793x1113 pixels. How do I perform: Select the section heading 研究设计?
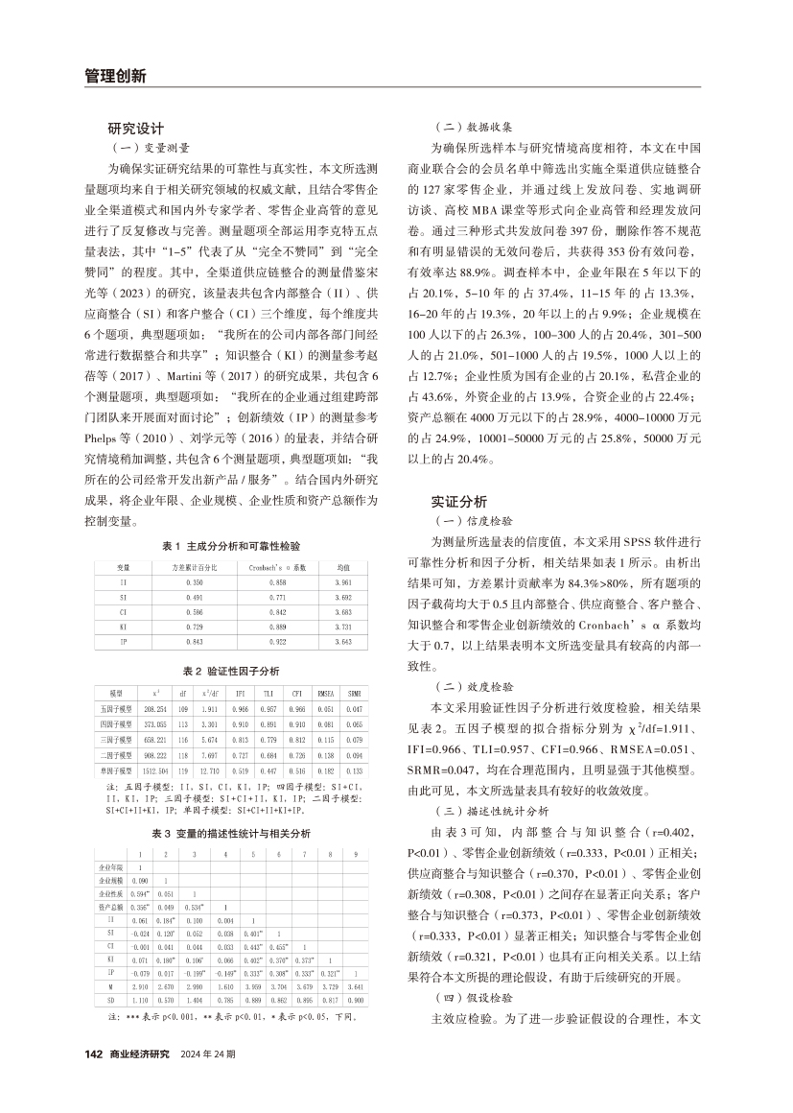point(135,127)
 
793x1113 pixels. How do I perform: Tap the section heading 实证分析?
point(459,501)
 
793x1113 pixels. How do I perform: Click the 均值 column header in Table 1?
point(343,568)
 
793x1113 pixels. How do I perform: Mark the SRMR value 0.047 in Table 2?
point(355,708)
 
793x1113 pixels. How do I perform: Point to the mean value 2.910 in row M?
point(139,986)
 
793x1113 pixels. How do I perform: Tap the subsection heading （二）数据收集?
point(475,127)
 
